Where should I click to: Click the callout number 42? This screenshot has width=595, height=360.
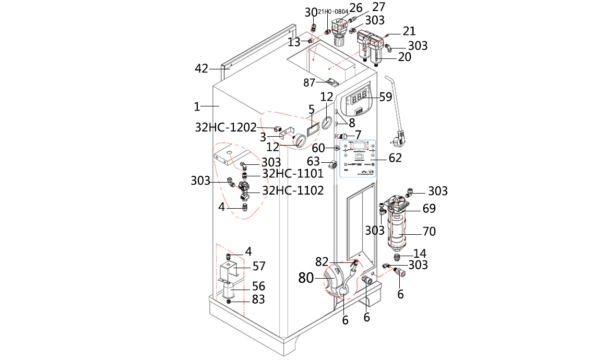point(201,68)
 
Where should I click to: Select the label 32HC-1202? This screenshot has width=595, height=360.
point(226,127)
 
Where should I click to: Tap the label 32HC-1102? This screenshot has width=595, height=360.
point(293,191)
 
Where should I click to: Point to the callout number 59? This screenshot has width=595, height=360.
point(385,97)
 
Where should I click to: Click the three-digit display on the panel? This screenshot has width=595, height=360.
point(359,98)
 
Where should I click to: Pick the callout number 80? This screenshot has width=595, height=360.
point(306,278)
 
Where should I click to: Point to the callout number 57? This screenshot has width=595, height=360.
point(259,267)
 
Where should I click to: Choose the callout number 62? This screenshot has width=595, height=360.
point(395,158)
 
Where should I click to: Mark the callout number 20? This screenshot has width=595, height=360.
point(404,57)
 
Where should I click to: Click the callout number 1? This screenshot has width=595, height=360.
point(197,106)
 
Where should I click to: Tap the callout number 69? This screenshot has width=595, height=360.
point(429,209)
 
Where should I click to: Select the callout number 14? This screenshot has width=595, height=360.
point(420,254)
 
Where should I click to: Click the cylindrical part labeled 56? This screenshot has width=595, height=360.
point(230,290)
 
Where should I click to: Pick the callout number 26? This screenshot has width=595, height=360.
point(356,8)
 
